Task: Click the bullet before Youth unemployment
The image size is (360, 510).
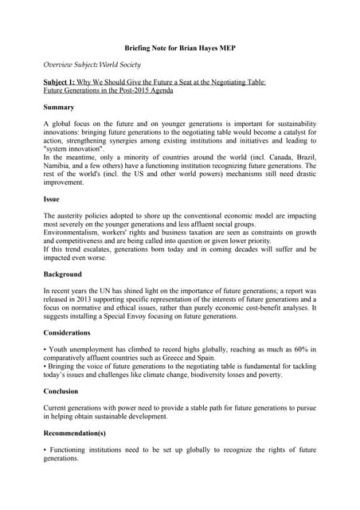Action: click(x=45, y=347)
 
